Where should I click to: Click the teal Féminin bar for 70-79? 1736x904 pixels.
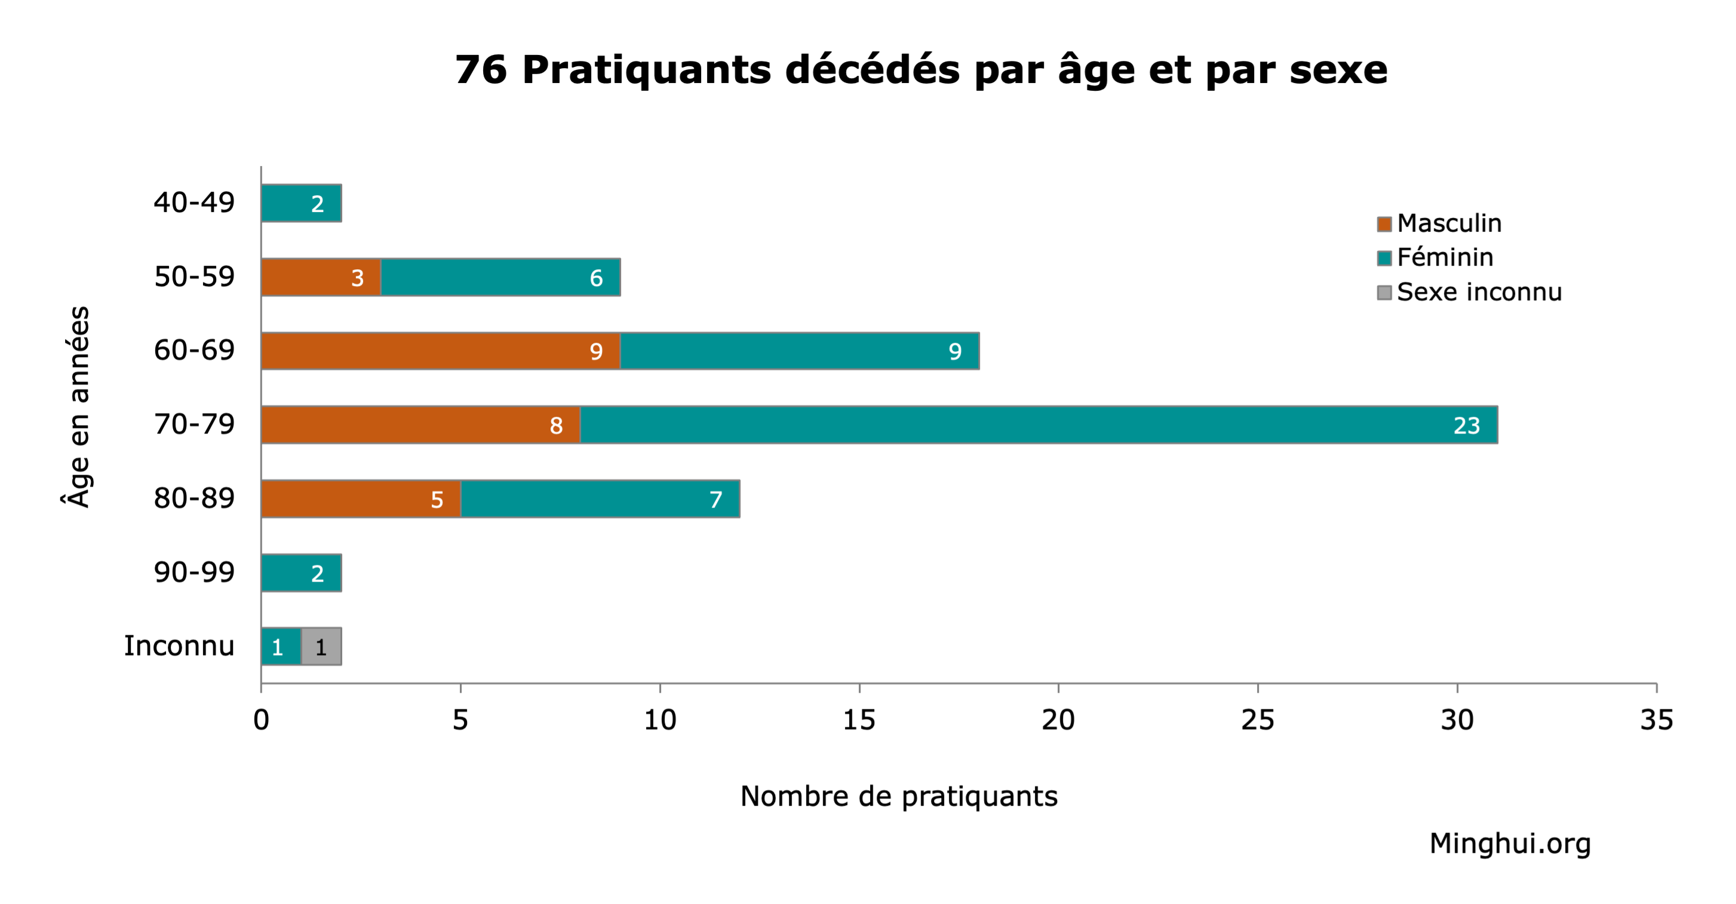click(1038, 425)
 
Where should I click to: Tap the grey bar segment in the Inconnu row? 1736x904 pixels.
click(321, 647)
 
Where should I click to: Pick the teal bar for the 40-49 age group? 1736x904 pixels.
click(301, 203)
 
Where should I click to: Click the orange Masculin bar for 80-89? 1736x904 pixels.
click(361, 499)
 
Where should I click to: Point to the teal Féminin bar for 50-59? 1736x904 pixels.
click(500, 277)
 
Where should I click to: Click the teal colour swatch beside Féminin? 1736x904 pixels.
click(1384, 258)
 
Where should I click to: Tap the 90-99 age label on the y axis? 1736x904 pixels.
click(194, 573)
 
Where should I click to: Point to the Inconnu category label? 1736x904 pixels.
click(179, 646)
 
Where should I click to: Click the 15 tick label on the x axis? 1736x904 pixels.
click(859, 720)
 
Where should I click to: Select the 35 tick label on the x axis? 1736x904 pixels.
click(1656, 720)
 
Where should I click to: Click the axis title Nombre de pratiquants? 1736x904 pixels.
click(898, 796)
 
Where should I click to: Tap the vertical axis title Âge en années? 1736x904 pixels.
click(79, 406)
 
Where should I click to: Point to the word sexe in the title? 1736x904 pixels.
click(1338, 69)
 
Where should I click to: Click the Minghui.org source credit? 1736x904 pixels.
click(1510, 843)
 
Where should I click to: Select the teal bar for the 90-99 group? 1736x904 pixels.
click(301, 573)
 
